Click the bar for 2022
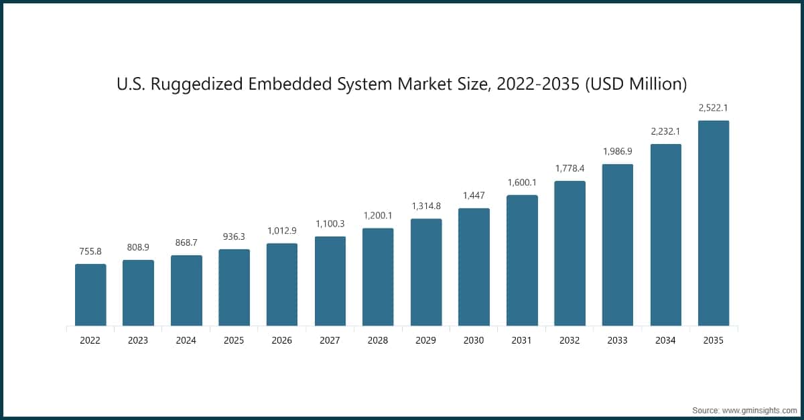click(90, 295)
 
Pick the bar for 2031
click(522, 261)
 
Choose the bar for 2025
click(234, 287)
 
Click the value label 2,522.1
click(714, 108)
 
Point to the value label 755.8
click(90, 251)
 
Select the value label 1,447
click(474, 195)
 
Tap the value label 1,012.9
click(282, 230)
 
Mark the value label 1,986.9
click(618, 151)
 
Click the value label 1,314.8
click(426, 206)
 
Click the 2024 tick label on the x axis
click(186, 340)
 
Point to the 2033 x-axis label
click(618, 340)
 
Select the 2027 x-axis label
click(330, 340)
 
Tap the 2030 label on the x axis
click(474, 340)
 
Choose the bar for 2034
click(665, 235)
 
